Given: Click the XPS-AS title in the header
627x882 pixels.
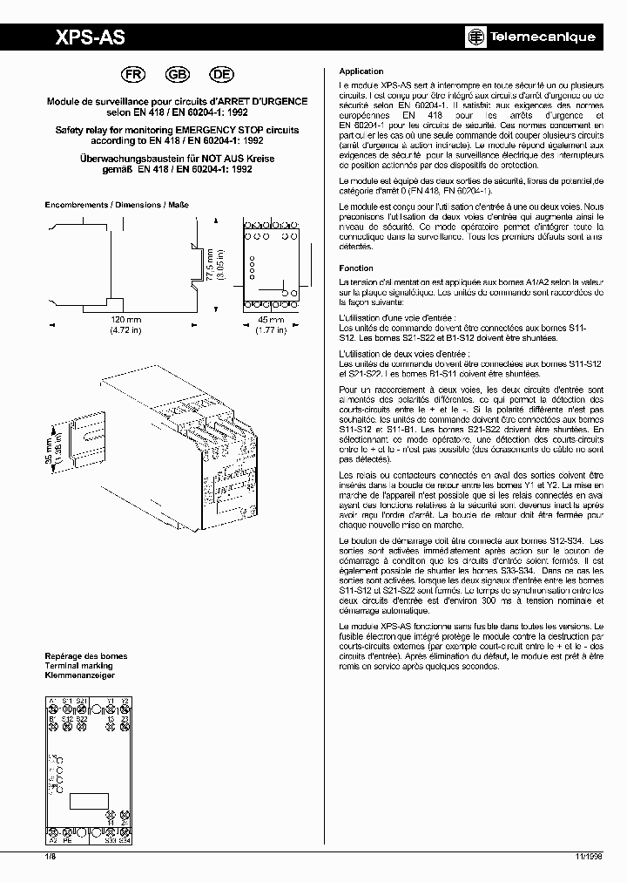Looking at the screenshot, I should point(90,37).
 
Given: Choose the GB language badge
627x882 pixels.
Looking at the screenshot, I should point(177,75).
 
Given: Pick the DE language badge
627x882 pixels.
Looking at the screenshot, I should point(219,75).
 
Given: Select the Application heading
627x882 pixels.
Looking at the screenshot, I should point(361,71).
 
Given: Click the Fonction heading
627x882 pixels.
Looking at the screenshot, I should point(356,268).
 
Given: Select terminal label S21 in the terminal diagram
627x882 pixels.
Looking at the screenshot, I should point(80,700).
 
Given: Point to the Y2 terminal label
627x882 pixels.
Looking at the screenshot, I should point(125,700).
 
